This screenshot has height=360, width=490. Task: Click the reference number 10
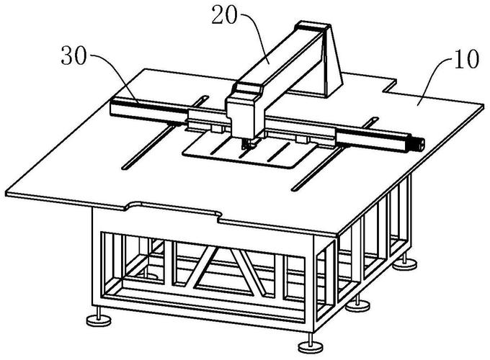point(466,59)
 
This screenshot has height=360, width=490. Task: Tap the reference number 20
point(224,15)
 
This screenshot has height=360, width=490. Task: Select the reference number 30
point(73,55)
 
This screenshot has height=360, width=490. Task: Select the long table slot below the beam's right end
point(317,169)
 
